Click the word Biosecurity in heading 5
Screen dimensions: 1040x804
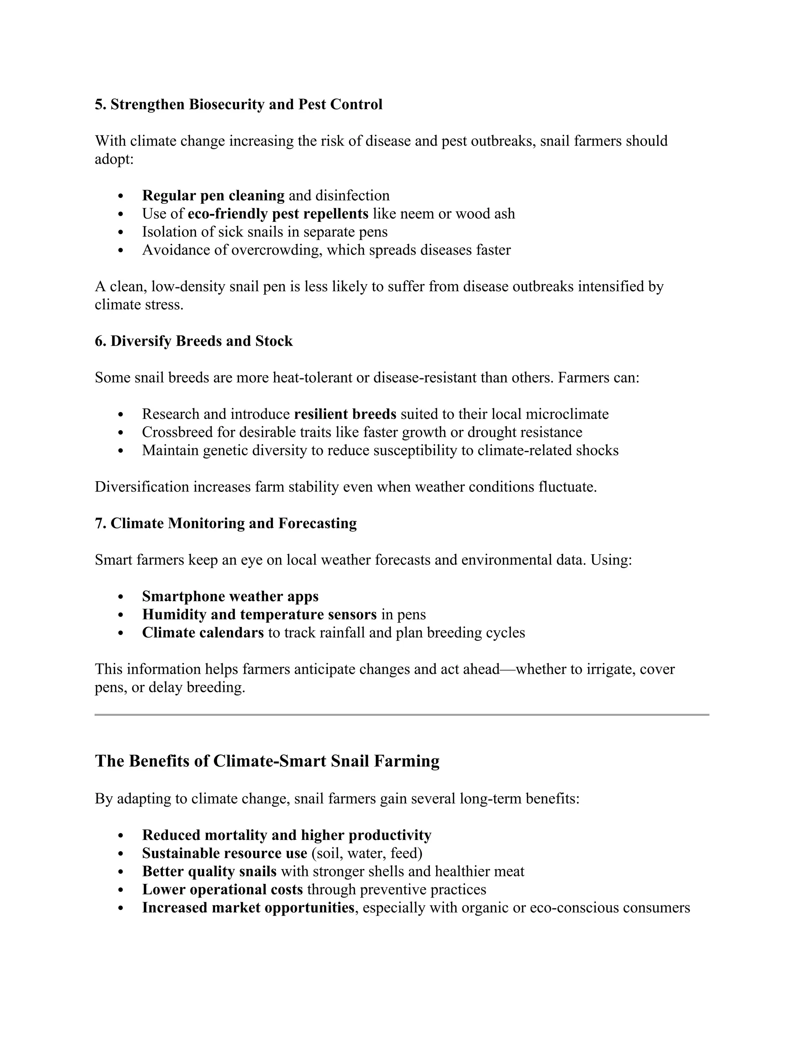coord(227,104)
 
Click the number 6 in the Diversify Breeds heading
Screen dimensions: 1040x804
coord(99,341)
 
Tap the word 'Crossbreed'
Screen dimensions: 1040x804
coord(177,432)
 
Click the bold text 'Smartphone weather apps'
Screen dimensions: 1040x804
coord(230,597)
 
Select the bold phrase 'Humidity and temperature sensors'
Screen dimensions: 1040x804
coord(259,615)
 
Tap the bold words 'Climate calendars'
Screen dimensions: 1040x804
coord(203,633)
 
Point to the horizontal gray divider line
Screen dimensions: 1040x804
coord(402,715)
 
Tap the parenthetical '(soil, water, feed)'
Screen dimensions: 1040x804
coord(367,853)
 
